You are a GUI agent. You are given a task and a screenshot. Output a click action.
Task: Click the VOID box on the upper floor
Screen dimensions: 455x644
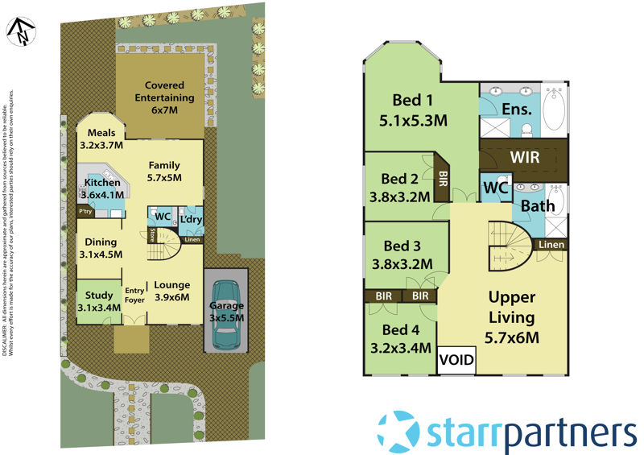456,359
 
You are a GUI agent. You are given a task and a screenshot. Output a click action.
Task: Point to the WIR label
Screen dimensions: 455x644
525,155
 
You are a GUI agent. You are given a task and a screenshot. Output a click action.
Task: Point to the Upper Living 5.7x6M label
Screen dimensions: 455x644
512,316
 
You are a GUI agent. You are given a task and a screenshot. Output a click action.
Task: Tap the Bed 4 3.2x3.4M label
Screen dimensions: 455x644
400,338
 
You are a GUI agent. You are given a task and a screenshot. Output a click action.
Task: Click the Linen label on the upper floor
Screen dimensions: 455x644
551,244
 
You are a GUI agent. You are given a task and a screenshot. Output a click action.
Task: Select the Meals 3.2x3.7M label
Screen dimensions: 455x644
101,139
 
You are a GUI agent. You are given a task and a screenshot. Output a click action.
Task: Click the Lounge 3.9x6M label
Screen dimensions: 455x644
171,290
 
